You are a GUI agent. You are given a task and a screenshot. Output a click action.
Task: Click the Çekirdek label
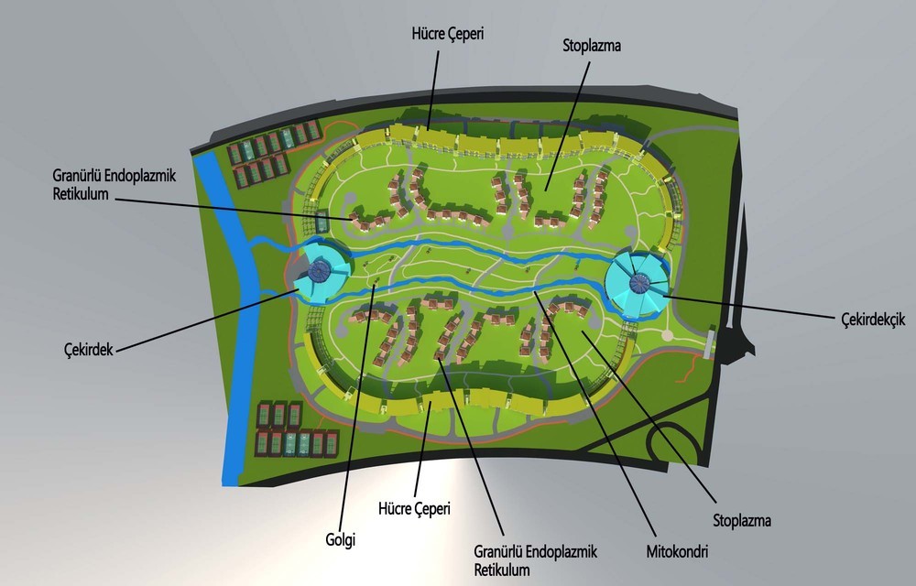88,350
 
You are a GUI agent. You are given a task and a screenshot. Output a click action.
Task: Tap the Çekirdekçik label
873,319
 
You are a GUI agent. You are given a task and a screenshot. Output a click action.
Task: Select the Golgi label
341,539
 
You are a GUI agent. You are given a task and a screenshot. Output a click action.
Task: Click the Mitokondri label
677,551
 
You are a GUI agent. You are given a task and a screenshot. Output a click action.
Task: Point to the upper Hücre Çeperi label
448,34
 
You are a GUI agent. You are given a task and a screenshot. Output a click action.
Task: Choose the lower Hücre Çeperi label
415,508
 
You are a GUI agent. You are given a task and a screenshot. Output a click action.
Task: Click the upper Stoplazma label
592,46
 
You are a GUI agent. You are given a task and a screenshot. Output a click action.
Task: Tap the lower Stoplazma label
742,520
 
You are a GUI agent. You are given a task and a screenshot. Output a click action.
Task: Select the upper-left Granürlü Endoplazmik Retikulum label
114,184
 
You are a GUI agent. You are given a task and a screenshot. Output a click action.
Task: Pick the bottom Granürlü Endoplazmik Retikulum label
535,560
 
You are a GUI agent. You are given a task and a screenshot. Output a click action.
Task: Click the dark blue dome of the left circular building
319,269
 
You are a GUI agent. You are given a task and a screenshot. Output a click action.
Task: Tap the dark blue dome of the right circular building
639,283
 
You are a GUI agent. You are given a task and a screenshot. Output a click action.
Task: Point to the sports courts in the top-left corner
273,153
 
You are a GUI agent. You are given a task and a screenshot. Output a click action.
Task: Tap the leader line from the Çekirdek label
205,321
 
